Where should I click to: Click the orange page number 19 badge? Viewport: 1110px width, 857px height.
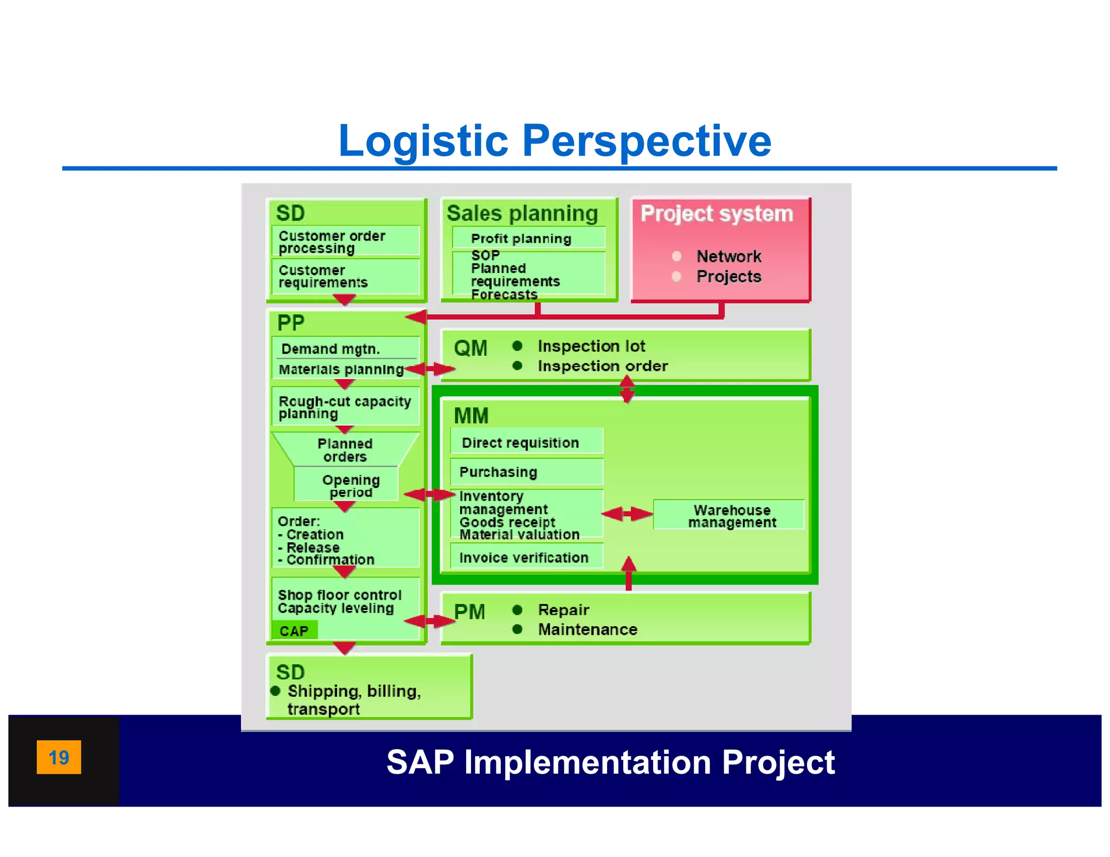[59, 757]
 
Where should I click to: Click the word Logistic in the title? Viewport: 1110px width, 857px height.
[423, 141]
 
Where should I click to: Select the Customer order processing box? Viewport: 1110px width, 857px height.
[345, 241]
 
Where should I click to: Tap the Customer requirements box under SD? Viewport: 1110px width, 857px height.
[345, 276]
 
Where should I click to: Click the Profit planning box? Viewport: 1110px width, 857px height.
[528, 238]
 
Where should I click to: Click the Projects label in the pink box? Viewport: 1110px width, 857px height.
[728, 276]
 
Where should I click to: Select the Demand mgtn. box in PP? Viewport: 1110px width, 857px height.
[345, 348]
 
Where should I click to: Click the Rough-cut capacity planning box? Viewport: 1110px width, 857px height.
[345, 407]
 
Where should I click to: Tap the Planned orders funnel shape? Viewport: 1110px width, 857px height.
[345, 450]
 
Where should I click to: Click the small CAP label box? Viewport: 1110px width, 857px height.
[294, 631]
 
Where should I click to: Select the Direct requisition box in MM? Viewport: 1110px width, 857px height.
[526, 442]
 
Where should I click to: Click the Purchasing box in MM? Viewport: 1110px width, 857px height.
[526, 472]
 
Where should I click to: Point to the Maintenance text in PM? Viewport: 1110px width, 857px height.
[588, 629]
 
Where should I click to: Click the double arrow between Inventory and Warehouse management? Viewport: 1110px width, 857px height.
[627, 514]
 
